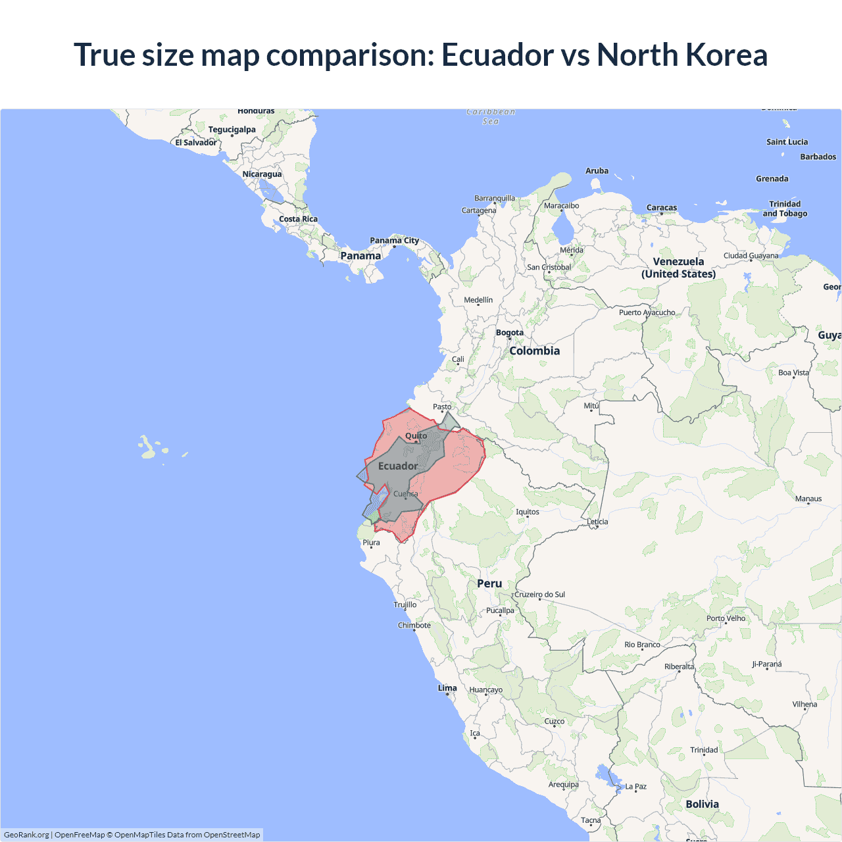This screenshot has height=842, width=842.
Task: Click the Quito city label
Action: [x=416, y=435]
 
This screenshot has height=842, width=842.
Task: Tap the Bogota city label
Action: [x=510, y=332]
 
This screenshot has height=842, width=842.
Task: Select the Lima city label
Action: [x=447, y=688]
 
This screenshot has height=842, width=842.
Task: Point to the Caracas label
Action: [x=662, y=207]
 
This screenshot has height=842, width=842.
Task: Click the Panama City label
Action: [x=394, y=240]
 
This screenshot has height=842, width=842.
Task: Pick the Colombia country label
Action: [x=534, y=351]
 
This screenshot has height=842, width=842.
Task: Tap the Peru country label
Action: [x=489, y=583]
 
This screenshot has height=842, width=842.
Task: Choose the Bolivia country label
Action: [x=702, y=804]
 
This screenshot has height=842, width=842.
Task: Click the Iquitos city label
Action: [x=528, y=512]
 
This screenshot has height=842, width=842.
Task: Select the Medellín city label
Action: [x=478, y=300]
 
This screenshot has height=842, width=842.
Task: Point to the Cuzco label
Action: [x=555, y=721]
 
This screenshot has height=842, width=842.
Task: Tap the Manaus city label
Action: [x=808, y=499]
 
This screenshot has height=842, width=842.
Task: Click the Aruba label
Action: [x=597, y=171]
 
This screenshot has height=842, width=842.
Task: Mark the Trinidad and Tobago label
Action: [x=785, y=209]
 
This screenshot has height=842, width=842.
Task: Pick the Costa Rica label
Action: [x=298, y=219]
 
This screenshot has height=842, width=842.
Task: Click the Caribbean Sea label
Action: [x=491, y=116]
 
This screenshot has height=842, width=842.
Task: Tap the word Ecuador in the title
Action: [x=497, y=55]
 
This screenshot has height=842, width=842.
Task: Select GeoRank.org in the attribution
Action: [x=26, y=835]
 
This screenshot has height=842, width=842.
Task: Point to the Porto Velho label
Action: [x=726, y=618]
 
